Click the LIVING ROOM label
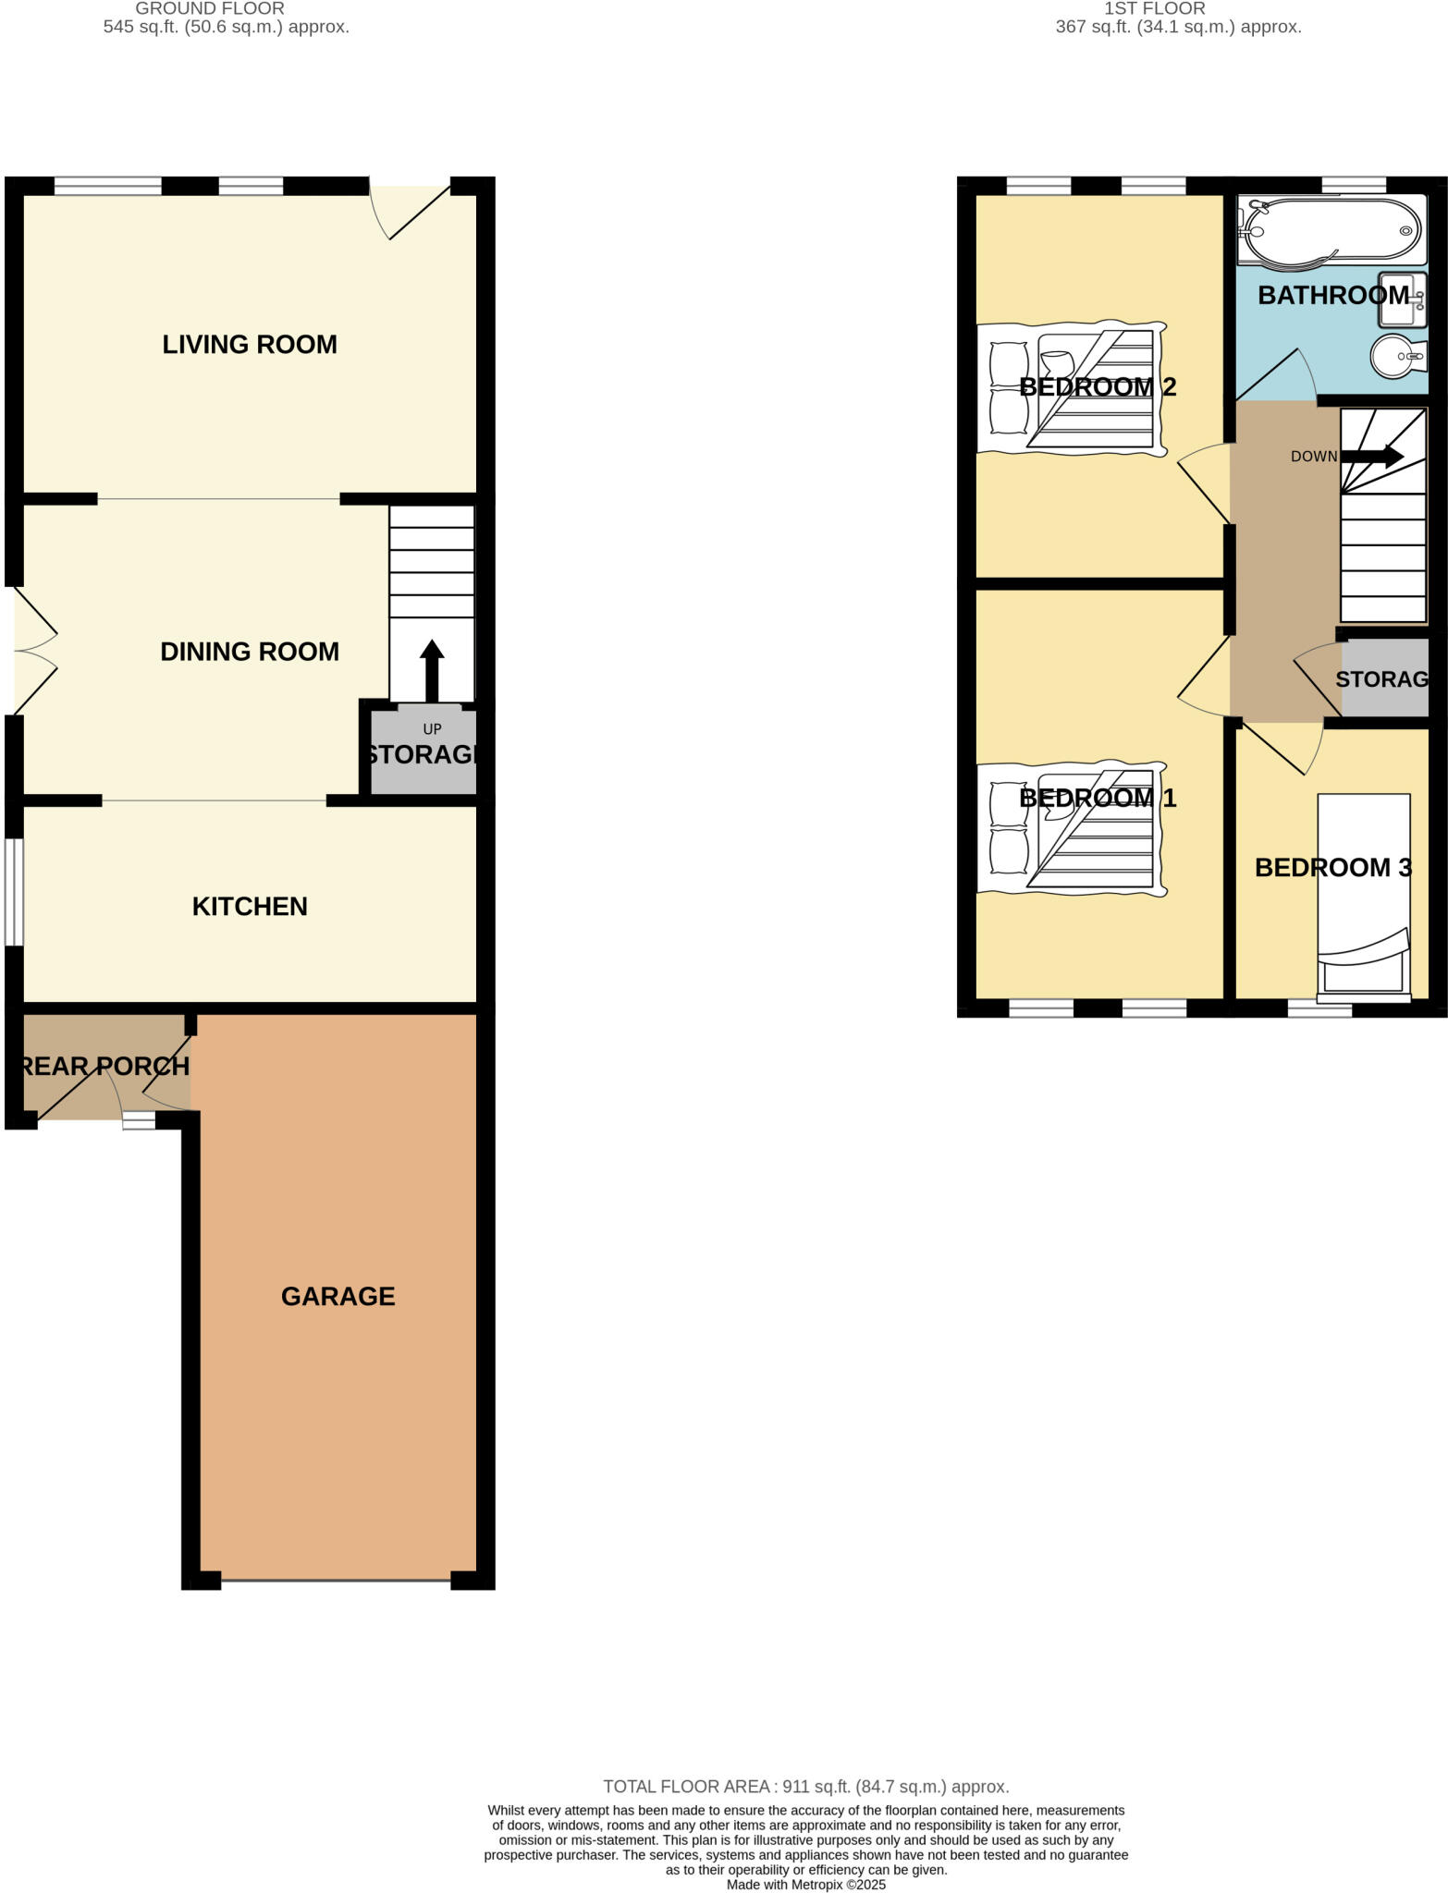point(250,345)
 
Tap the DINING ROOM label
point(250,652)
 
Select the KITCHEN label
point(250,907)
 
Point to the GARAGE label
point(337,1297)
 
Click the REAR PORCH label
point(104,1066)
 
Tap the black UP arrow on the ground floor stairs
point(432,670)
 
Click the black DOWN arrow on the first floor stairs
point(1372,457)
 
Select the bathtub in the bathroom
point(1331,231)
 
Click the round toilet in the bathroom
point(1396,356)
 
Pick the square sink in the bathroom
point(1401,299)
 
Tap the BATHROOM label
point(1332,296)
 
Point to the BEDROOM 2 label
point(1098,386)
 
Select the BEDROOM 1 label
point(1098,798)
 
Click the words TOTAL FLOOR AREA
point(684,1787)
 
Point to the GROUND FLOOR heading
point(210,8)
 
